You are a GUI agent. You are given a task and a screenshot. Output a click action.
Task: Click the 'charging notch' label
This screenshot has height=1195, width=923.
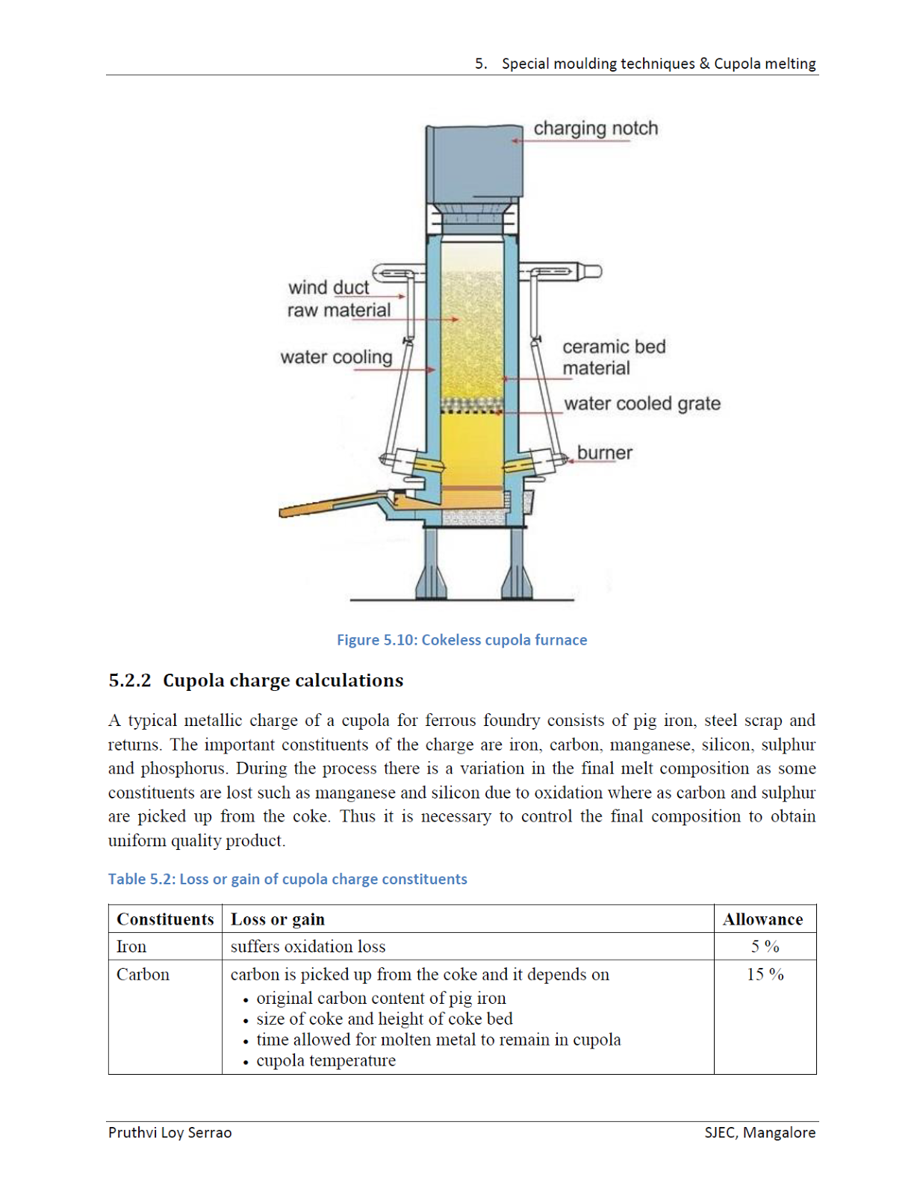pos(595,128)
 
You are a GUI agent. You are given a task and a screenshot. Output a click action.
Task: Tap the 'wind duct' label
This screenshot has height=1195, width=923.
pos(329,288)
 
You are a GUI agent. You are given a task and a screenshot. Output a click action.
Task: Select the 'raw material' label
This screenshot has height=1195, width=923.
pos(339,310)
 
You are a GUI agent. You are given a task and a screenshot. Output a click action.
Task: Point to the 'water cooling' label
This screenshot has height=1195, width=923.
pos(336,357)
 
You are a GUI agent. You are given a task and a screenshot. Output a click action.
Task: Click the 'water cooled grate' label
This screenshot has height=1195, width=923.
pos(642,403)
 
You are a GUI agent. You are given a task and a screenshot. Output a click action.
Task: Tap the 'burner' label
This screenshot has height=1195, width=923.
pos(604,453)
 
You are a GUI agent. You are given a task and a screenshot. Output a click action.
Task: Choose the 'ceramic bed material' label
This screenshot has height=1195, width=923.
pos(613,357)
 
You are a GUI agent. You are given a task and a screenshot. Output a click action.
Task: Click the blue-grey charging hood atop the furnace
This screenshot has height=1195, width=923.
pos(473,164)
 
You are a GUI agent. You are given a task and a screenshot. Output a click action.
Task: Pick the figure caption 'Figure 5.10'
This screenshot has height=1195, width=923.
pos(461,640)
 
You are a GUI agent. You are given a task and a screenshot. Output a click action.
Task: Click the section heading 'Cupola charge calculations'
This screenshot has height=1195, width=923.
pos(282,680)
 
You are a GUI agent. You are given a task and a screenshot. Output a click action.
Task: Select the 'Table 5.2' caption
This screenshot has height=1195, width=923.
pos(288,879)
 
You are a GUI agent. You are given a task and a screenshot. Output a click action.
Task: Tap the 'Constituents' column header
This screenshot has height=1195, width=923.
pos(165,919)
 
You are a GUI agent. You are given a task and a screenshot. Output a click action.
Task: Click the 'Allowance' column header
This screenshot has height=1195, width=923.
pos(762,919)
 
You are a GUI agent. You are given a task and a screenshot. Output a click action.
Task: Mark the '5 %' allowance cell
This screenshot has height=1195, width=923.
pos(765,946)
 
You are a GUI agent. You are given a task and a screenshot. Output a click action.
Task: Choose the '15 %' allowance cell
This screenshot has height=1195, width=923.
pos(765,975)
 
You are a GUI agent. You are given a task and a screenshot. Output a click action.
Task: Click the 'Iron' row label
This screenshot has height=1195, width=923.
pos(131,946)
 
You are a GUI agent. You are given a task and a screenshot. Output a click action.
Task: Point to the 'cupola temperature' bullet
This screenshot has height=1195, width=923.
pos(326,1061)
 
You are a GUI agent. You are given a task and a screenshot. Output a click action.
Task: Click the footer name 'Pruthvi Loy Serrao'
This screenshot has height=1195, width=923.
pos(170,1132)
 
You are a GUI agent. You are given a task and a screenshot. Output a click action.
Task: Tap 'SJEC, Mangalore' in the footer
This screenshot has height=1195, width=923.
pos(759,1132)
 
